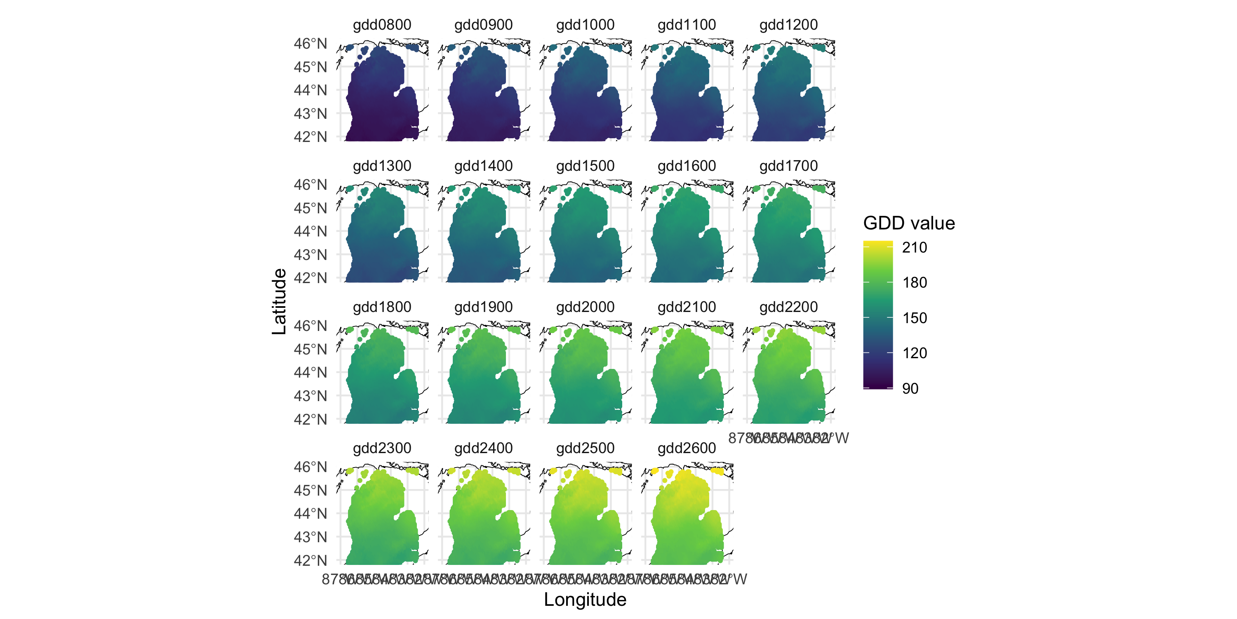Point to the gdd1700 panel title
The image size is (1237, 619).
click(x=788, y=166)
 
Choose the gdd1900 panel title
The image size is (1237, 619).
click(x=483, y=307)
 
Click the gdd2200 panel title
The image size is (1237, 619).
click(x=788, y=307)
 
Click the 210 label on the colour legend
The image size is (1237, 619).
click(x=914, y=248)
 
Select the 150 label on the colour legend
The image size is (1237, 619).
click(x=914, y=318)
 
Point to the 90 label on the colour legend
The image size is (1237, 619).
click(x=910, y=388)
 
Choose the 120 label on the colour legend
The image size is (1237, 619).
click(x=914, y=353)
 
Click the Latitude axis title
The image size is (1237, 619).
click(x=279, y=301)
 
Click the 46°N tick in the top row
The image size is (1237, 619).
click(x=310, y=44)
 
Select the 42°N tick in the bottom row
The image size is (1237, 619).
click(x=310, y=560)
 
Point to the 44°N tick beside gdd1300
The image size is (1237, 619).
click(x=310, y=231)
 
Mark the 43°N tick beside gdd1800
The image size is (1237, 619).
click(x=310, y=396)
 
